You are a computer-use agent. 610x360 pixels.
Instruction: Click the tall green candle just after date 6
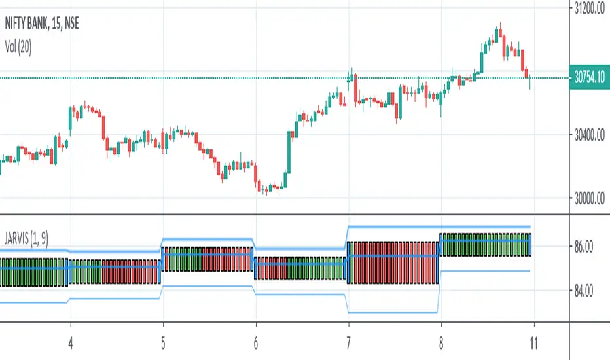click(289, 151)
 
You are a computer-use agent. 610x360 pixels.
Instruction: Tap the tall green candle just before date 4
click(69, 118)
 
